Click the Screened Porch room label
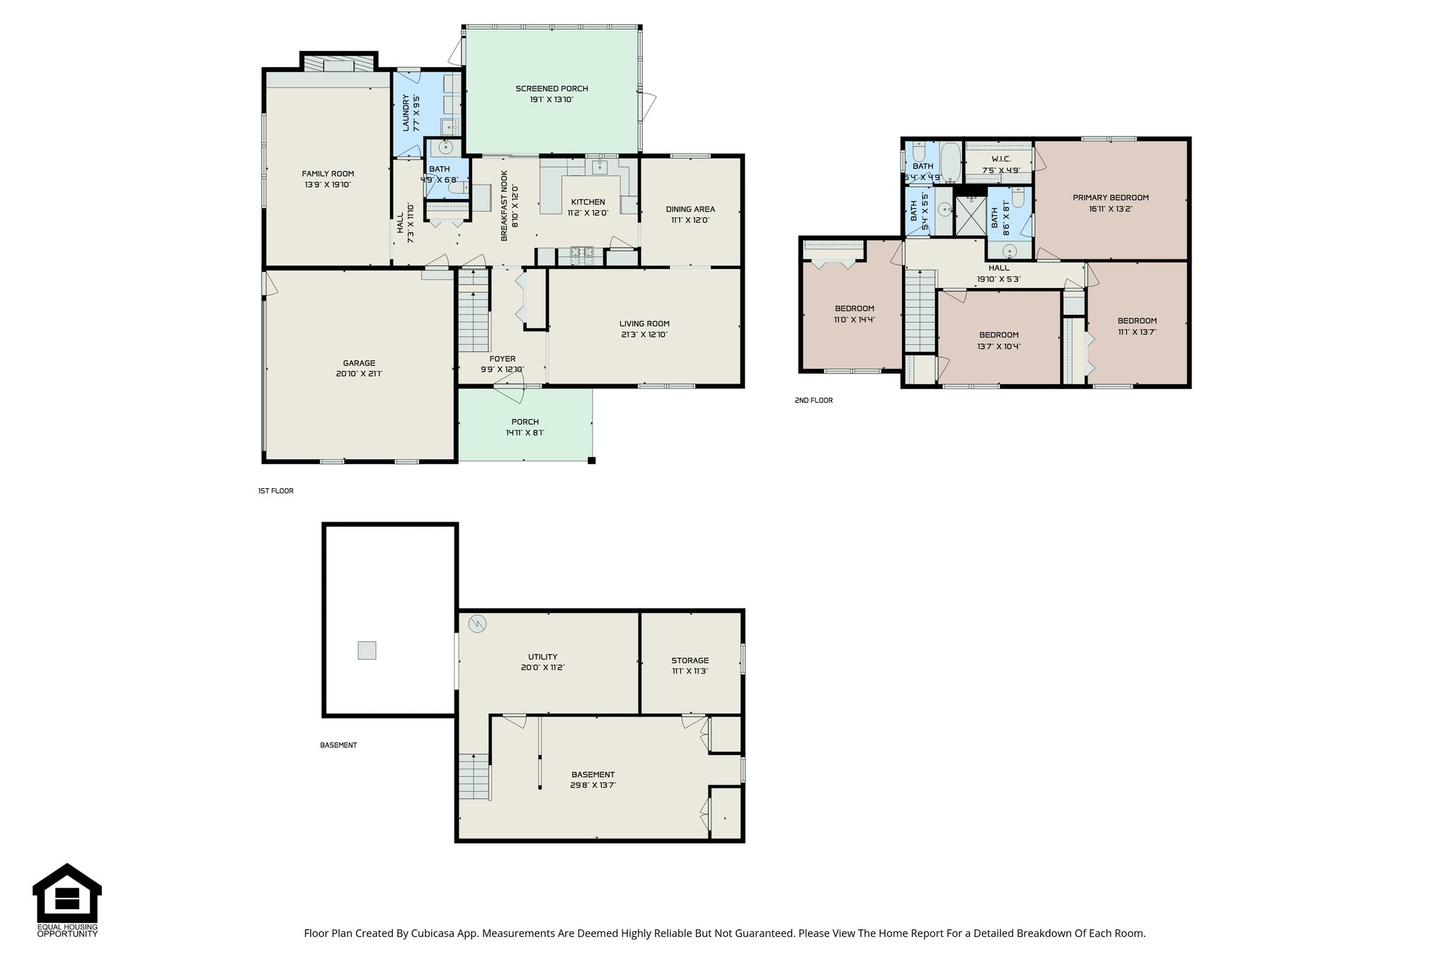tap(552, 88)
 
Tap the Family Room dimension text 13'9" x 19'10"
tap(328, 185)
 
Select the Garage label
tap(359, 363)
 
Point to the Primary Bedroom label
tap(1110, 197)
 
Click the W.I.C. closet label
tap(1000, 159)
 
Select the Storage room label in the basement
tap(690, 660)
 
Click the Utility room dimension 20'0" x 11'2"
tap(542, 667)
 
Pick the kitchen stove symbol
tap(583, 255)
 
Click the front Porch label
tap(525, 422)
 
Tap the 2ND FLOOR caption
tap(814, 401)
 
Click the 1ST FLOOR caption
tap(275, 491)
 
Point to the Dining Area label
tap(690, 209)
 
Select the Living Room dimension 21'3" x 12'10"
tap(644, 335)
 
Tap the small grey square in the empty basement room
tap(367, 650)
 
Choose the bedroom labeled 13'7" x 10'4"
tap(998, 340)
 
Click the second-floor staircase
tap(920, 312)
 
